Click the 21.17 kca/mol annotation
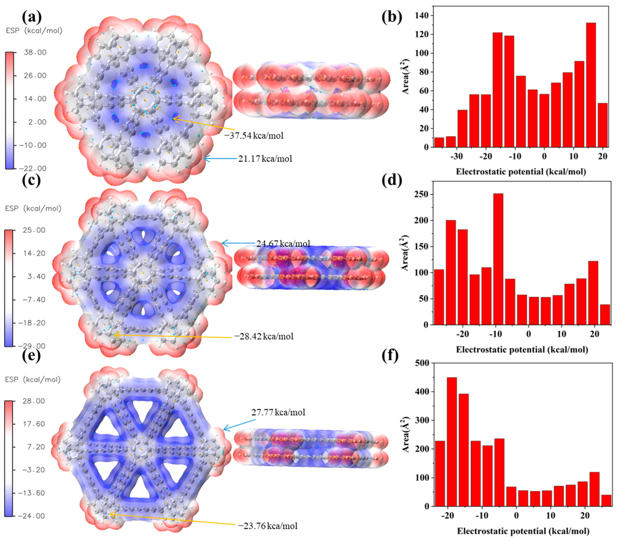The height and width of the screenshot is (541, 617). coord(265,159)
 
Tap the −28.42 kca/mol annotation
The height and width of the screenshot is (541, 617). coord(264,336)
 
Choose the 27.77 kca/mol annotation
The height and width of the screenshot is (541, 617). coord(278,412)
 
